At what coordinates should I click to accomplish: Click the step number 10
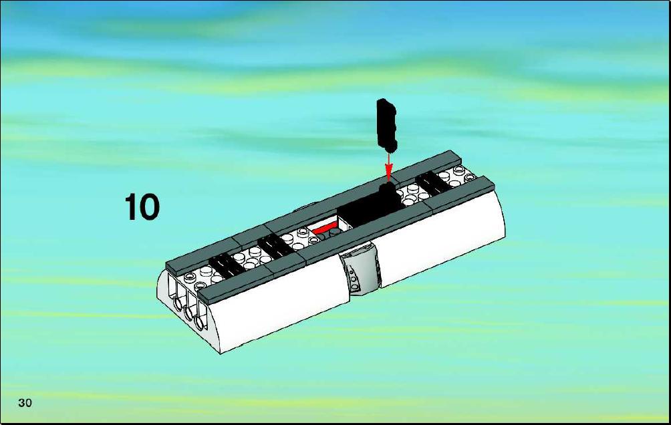pyautogui.click(x=142, y=207)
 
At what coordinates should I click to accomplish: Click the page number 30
pyautogui.click(x=25, y=403)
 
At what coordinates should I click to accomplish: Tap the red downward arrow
pyautogui.click(x=388, y=167)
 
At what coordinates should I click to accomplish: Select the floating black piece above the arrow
pyautogui.click(x=386, y=125)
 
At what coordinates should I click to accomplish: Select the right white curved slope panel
pyautogui.click(x=441, y=239)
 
